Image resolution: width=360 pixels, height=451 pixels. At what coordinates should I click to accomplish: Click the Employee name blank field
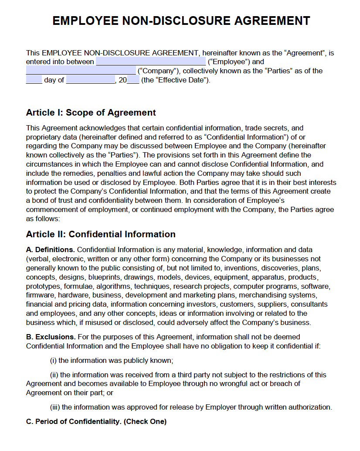click(x=150, y=61)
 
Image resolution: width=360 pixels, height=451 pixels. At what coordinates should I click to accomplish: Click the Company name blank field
click(x=81, y=71)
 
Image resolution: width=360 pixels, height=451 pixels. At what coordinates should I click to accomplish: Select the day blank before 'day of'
click(x=34, y=80)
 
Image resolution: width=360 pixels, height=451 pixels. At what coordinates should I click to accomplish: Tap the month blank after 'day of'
click(x=90, y=80)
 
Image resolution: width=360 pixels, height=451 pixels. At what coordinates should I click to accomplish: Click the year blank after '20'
click(x=133, y=80)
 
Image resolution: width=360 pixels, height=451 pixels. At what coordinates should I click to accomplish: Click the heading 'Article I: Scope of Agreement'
click(x=91, y=113)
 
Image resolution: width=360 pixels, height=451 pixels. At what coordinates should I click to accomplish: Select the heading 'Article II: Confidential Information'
click(x=101, y=234)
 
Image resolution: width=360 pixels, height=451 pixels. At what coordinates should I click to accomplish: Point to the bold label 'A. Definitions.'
click(x=51, y=250)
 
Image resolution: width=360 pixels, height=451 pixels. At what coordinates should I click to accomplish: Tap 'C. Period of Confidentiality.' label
click(x=74, y=422)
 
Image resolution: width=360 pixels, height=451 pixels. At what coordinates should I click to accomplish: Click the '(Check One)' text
click(x=145, y=422)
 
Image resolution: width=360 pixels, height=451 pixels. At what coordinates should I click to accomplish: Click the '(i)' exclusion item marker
click(x=54, y=360)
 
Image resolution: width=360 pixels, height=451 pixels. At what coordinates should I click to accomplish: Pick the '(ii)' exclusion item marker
click(x=54, y=375)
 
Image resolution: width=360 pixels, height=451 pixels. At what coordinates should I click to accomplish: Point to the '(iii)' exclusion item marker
click(x=55, y=407)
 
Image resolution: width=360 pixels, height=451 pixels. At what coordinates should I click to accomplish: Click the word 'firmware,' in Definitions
click(x=40, y=295)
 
